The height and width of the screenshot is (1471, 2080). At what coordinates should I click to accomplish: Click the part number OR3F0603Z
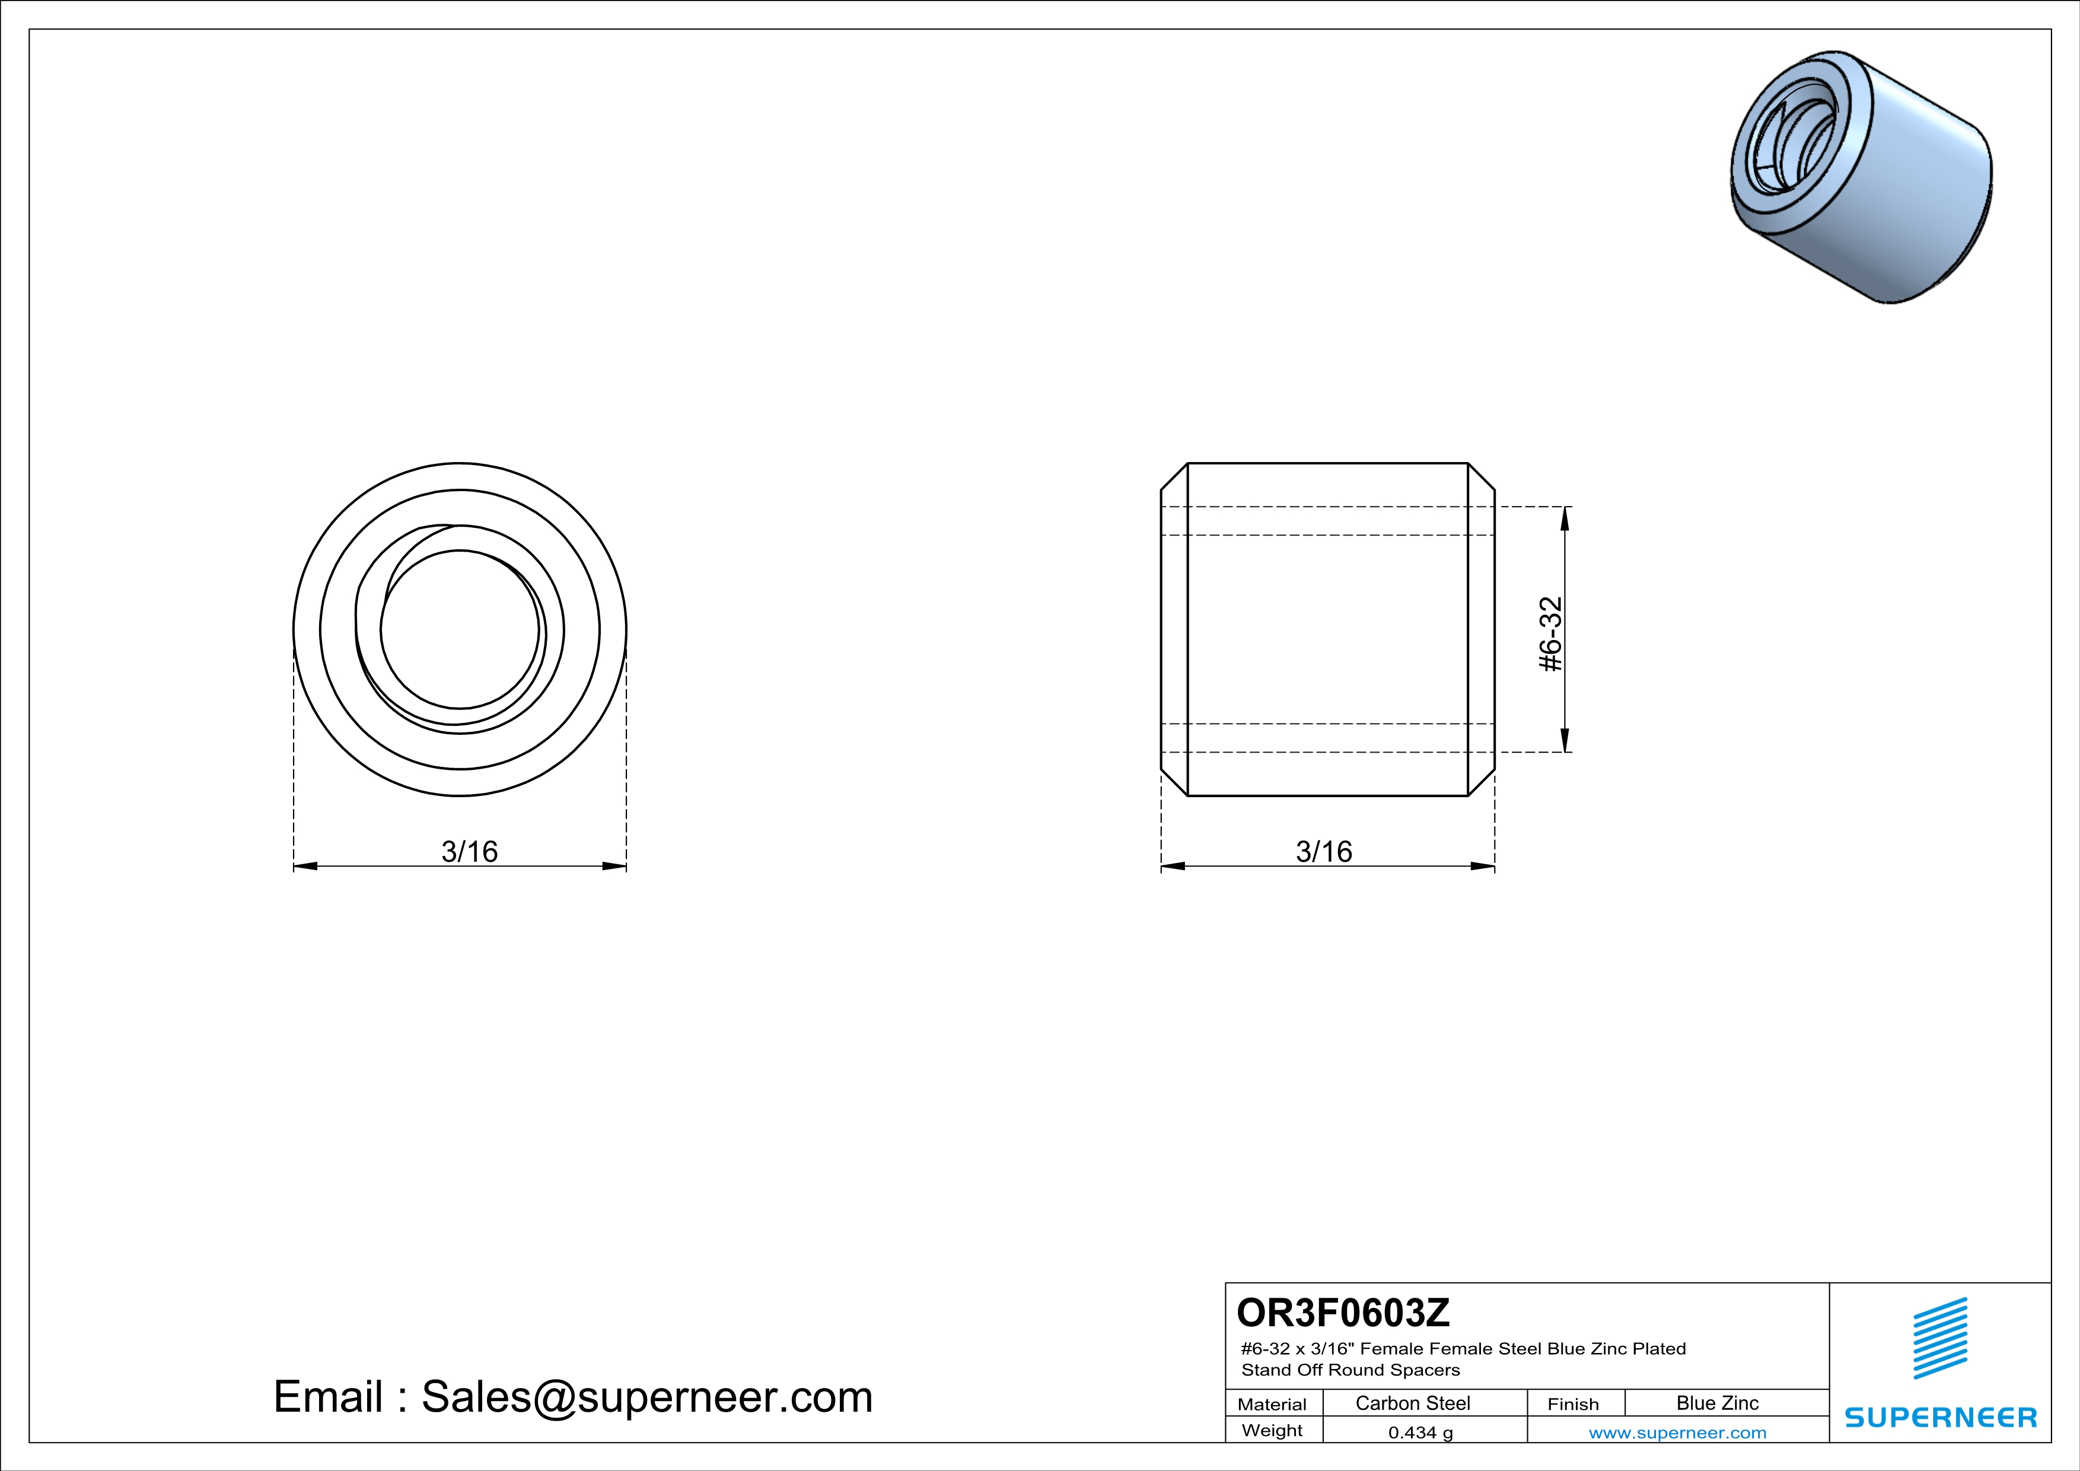[1343, 1311]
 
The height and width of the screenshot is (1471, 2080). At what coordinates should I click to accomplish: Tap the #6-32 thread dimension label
[1551, 634]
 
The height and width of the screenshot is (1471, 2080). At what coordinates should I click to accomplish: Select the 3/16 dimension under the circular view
[469, 851]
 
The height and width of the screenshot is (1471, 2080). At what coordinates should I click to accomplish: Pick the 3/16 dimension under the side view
[1324, 851]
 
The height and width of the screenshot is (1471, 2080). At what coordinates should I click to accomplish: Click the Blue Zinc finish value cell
[1718, 1403]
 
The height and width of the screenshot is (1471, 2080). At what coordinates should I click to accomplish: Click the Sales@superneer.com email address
[647, 1397]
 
